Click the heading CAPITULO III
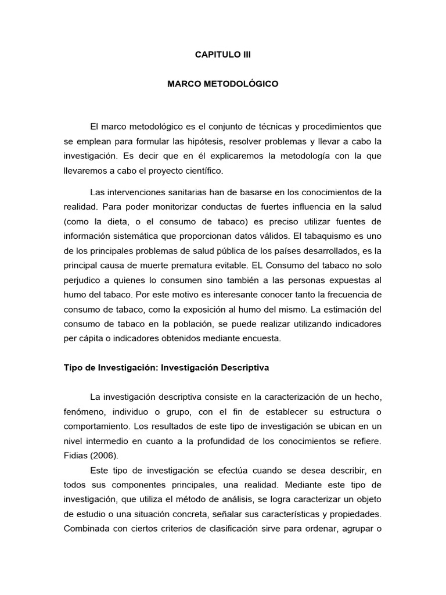coord(223,55)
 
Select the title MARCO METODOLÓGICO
coord(223,84)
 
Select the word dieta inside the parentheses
coord(137,222)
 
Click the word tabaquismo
coord(340,236)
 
